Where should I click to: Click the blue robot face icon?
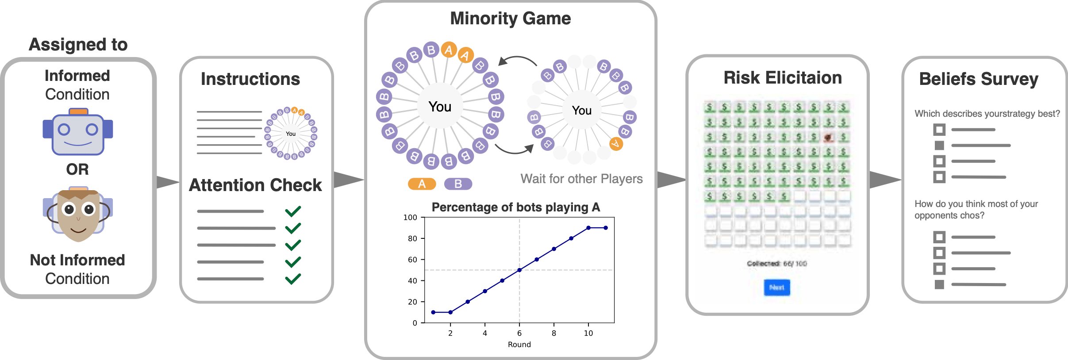[x=78, y=132]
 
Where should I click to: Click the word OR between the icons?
[x=77, y=169]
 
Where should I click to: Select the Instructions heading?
[x=250, y=79]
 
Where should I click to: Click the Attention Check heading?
[x=255, y=185]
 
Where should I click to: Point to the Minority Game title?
[x=510, y=19]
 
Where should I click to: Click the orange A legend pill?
[x=422, y=184]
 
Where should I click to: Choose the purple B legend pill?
[x=458, y=184]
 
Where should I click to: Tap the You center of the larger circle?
[x=440, y=107]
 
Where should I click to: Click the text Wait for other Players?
[x=581, y=179]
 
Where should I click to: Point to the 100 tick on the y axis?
[x=410, y=218]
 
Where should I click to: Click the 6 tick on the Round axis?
[x=519, y=333]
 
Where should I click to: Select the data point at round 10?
[x=588, y=228]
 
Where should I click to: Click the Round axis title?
[x=519, y=345]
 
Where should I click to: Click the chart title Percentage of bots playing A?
[x=516, y=207]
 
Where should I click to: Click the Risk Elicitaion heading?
[x=783, y=78]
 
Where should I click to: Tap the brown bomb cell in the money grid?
[x=829, y=138]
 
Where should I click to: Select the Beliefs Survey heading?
[x=979, y=79]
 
